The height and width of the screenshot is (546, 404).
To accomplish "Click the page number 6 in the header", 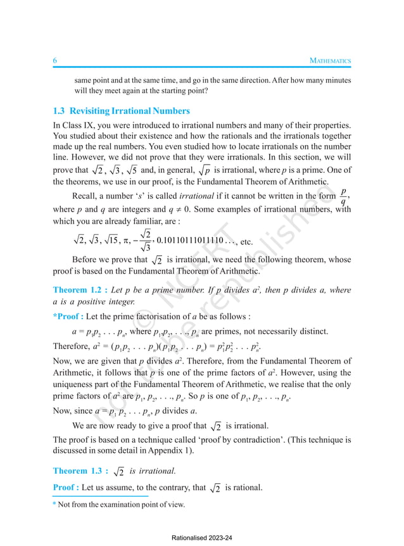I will [x=55, y=60].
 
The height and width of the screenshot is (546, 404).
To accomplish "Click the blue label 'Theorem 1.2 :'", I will [x=79, y=290].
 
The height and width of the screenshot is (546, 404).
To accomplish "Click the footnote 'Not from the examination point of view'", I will [x=122, y=504].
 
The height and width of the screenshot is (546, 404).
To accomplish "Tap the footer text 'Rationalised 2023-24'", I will [x=202, y=537].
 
